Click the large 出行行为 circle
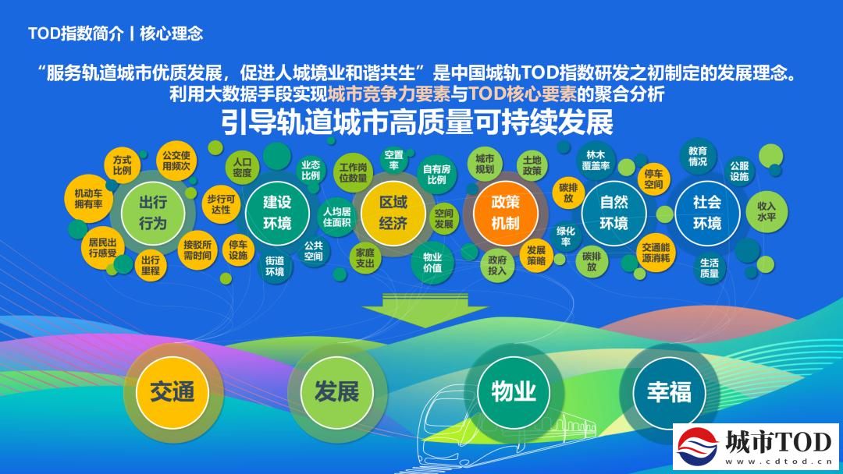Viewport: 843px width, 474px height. [153, 213]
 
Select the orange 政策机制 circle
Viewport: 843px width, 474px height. [505, 213]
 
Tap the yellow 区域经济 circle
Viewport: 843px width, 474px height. [393, 213]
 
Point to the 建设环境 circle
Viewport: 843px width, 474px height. [277, 213]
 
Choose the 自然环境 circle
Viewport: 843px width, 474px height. [614, 213]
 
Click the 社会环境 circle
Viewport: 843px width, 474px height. [706, 213]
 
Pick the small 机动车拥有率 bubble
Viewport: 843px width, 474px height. [88, 199]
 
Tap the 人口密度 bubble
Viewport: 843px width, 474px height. [242, 168]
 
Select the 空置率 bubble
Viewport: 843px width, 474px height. [394, 160]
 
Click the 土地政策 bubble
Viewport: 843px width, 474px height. [532, 165]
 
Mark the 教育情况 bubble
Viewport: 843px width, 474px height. [698, 156]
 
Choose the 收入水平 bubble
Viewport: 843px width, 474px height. [767, 211]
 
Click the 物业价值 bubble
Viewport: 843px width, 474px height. [432, 263]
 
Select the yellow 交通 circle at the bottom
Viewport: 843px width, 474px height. [172, 391]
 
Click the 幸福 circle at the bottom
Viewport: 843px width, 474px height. [669, 391]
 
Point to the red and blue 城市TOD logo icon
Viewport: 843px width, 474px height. [697, 447]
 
